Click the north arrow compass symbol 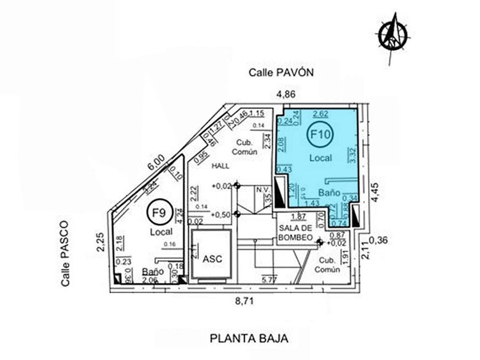pos(394,33)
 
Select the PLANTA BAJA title pos(248,338)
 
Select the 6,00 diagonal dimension pos(156,163)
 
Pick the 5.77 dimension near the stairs pos(269,280)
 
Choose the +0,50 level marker pos(221,214)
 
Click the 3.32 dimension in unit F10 pos(352,154)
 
